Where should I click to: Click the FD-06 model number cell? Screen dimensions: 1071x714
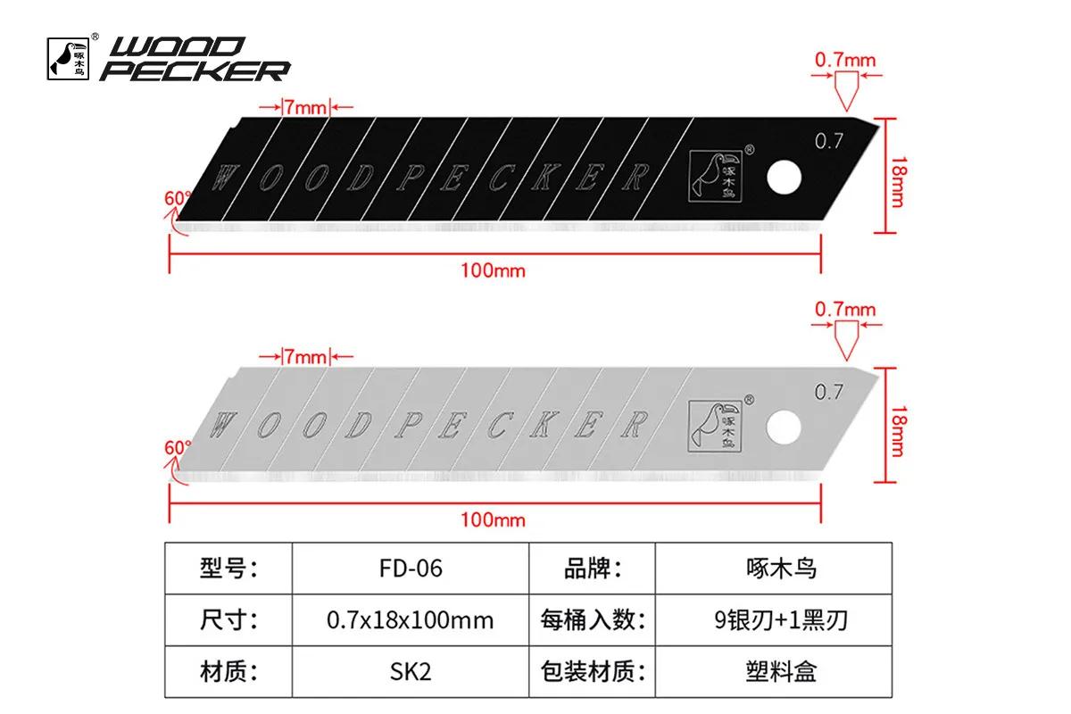coord(411,569)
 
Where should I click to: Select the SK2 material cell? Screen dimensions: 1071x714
coord(411,671)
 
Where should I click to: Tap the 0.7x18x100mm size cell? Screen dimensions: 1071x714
coord(411,620)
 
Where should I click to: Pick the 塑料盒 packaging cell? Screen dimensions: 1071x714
coord(774,671)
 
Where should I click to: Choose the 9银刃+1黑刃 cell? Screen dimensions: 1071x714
coord(774,620)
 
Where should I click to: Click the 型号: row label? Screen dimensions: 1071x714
coord(228,569)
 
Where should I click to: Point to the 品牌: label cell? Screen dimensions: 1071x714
coord(593,569)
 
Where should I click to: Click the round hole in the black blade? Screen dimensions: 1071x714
coord(785,178)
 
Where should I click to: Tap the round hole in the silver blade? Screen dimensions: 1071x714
coord(784,427)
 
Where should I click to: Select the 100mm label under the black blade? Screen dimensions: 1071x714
coord(493,270)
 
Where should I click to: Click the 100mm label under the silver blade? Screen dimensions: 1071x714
coord(493,519)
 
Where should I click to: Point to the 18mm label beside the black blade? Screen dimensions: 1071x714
coord(899,182)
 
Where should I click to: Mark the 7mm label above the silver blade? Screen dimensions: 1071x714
coord(306,357)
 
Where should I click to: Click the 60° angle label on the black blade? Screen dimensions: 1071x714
coord(178,198)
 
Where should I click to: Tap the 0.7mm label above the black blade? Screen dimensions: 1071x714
coord(845,61)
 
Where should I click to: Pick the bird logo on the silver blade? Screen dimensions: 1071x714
coord(715,426)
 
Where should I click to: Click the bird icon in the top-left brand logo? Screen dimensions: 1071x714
coord(68,58)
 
